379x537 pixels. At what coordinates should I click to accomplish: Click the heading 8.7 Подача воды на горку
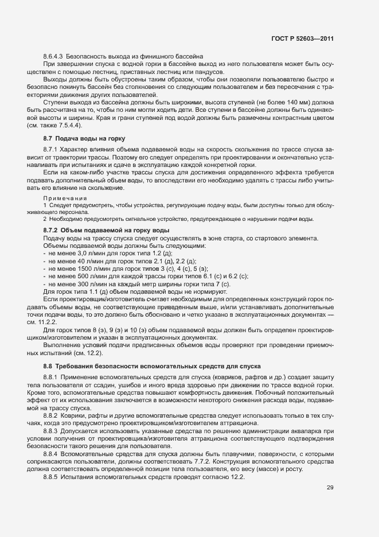tap(84, 138)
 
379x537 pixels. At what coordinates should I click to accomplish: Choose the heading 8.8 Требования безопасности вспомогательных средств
tap(152, 365)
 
